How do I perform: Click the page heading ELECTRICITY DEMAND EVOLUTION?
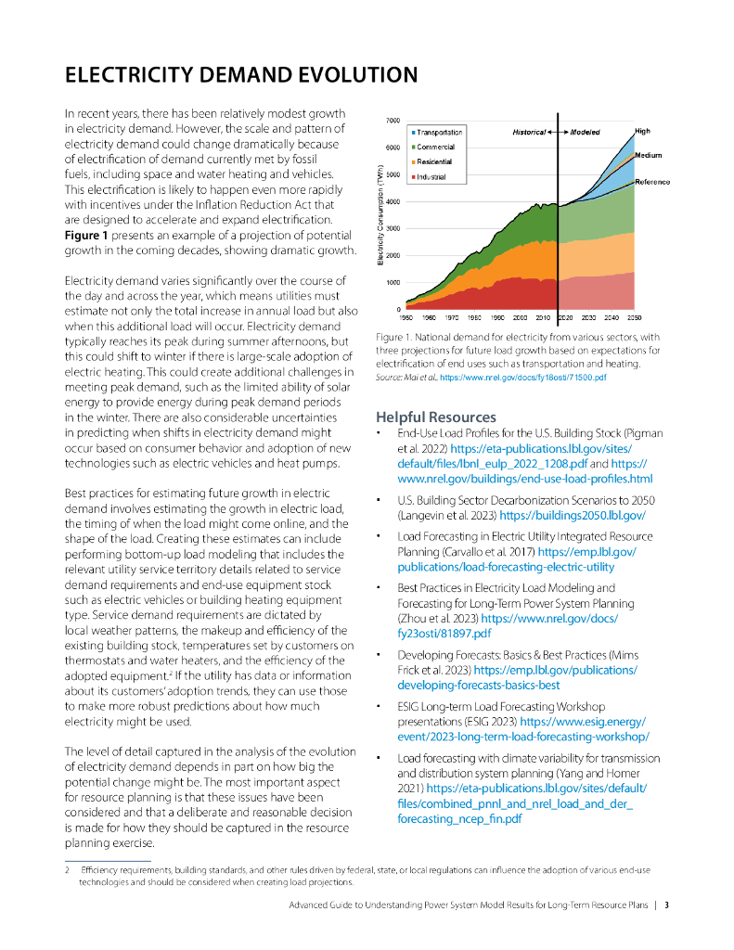pyautogui.click(x=240, y=74)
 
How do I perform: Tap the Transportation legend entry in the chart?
pyautogui.click(x=439, y=133)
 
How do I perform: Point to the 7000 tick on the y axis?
pyautogui.click(x=393, y=121)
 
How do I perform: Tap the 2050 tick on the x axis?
pyautogui.click(x=635, y=317)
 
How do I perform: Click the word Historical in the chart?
pyautogui.click(x=529, y=133)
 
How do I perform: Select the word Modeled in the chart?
pyautogui.click(x=585, y=133)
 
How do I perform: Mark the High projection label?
pyautogui.click(x=642, y=131)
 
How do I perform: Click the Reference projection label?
pyautogui.click(x=652, y=182)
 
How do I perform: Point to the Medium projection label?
pyautogui.click(x=648, y=155)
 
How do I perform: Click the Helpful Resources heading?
pyautogui.click(x=435, y=417)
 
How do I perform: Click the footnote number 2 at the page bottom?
pyautogui.click(x=67, y=869)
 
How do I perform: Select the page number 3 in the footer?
pyautogui.click(x=666, y=904)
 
